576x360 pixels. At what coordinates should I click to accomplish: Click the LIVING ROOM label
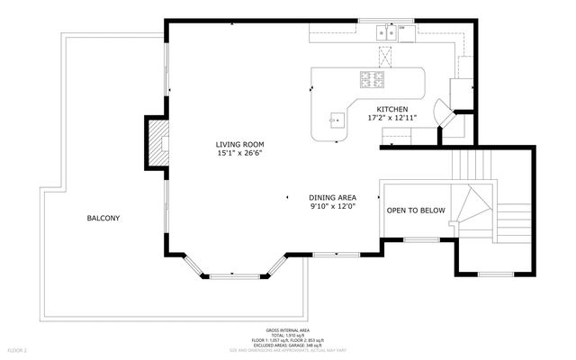(239, 144)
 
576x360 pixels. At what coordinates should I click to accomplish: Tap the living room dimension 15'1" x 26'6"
(239, 153)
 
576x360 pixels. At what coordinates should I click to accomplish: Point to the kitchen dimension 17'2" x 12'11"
(391, 118)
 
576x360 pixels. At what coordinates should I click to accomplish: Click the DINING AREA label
(333, 197)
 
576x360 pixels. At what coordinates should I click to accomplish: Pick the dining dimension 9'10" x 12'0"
(333, 206)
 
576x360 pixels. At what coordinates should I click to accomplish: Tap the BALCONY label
(103, 218)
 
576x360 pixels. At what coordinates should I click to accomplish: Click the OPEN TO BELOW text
(416, 211)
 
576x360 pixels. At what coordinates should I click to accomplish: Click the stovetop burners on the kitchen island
(371, 78)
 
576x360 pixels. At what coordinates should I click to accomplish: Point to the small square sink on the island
(336, 118)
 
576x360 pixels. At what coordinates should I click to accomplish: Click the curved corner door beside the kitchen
(445, 115)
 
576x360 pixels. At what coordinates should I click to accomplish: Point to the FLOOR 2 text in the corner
(19, 348)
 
